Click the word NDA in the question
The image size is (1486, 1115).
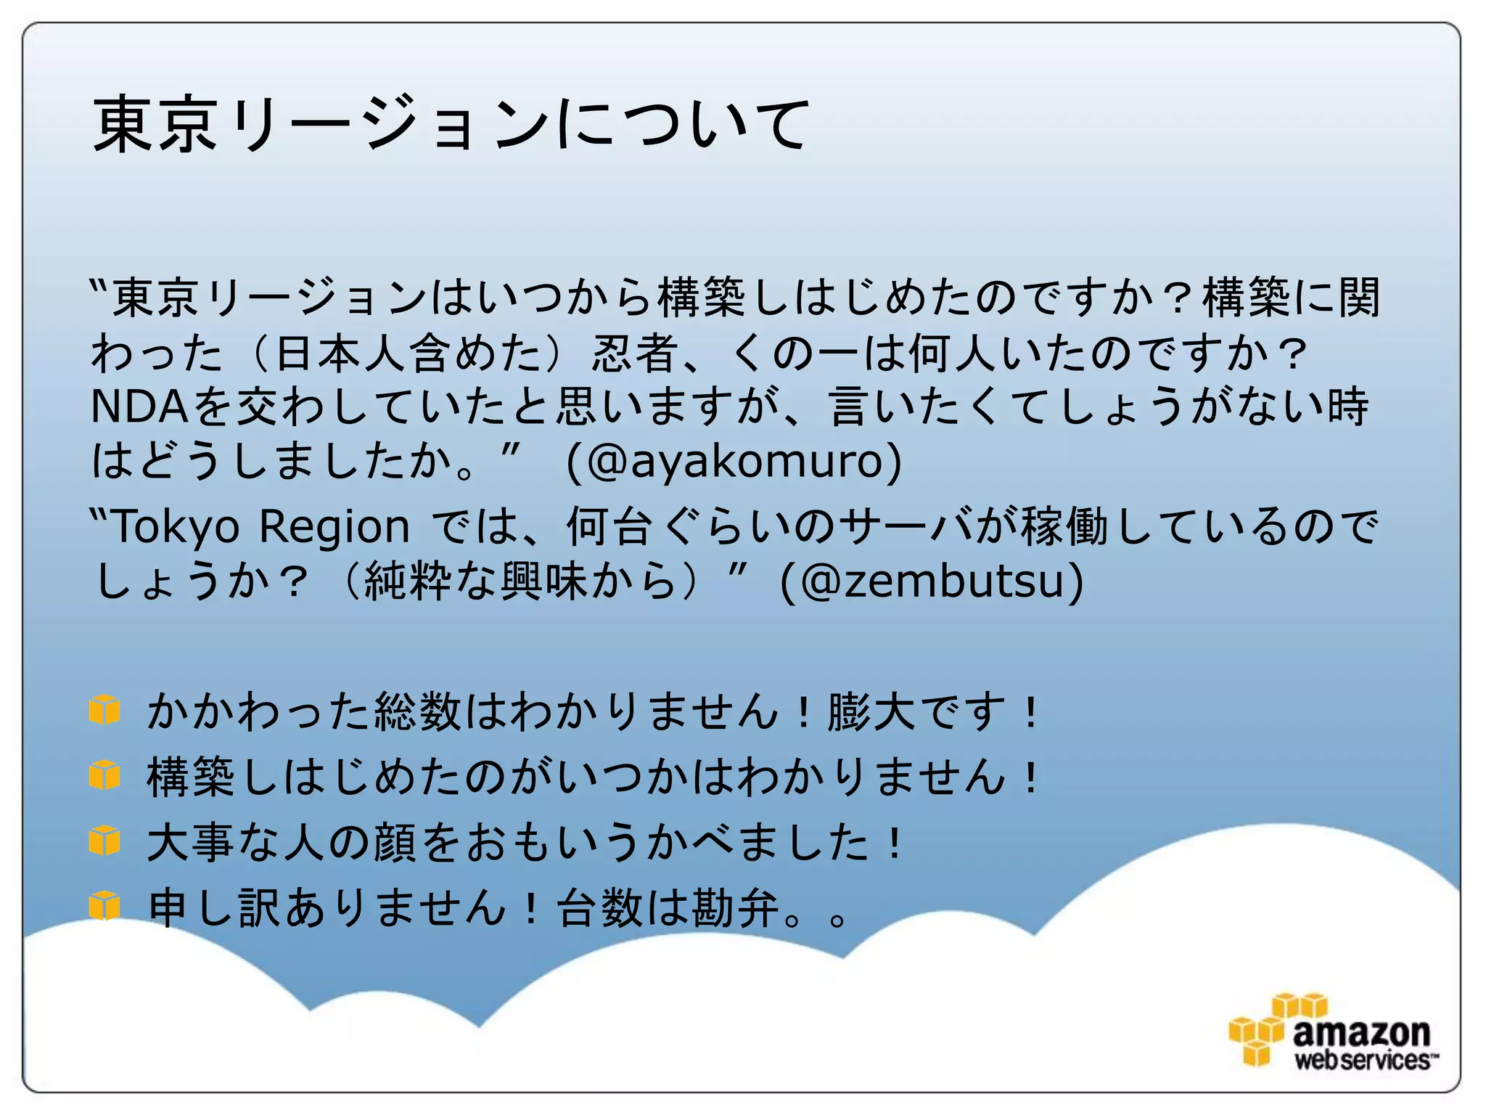click(x=139, y=407)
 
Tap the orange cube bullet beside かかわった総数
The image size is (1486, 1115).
click(x=104, y=709)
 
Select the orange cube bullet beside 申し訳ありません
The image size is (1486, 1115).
click(x=104, y=905)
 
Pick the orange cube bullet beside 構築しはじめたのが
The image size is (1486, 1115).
click(x=104, y=775)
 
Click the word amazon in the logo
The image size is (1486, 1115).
click(x=1361, y=1032)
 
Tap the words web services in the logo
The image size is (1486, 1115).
click(x=1362, y=1060)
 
